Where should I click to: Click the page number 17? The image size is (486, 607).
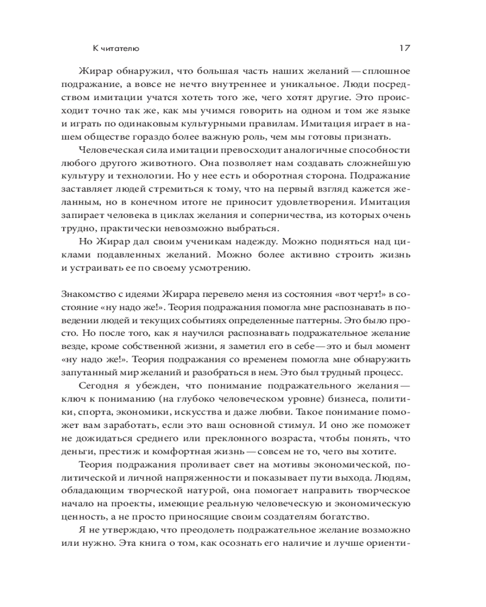click(x=406, y=48)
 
